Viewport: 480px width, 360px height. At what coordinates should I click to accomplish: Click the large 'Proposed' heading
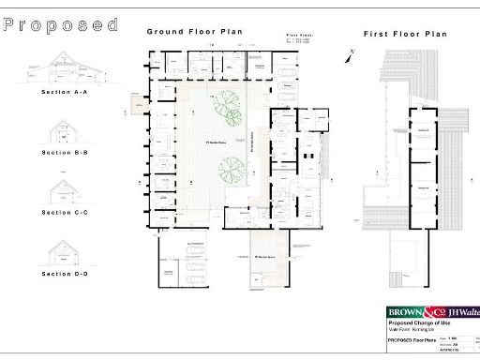tap(61, 25)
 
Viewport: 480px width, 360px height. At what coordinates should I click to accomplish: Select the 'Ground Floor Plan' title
tap(193, 32)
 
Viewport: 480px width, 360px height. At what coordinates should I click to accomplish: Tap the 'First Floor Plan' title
tap(405, 34)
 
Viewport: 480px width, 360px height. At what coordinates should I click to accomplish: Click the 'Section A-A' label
tap(65, 93)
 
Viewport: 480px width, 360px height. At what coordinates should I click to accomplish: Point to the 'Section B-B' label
tap(65, 152)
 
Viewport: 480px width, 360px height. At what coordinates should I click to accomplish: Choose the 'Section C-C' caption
tap(65, 213)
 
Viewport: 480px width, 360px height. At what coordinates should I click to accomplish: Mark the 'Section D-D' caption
tap(65, 274)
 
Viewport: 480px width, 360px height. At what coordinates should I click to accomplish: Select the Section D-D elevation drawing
tap(65, 252)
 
